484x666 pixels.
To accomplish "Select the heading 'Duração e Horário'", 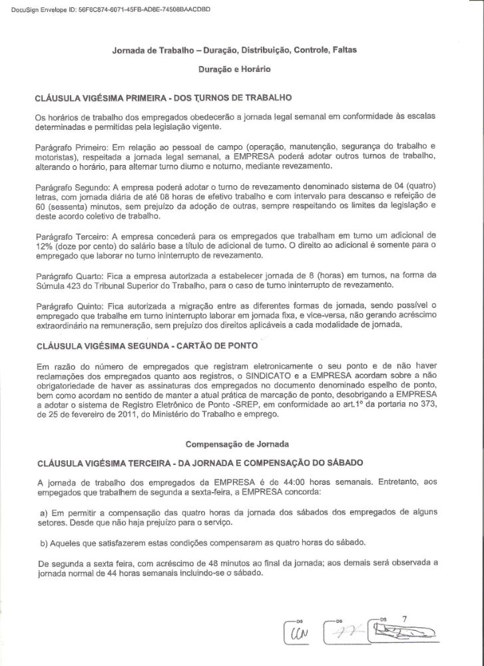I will click(233, 68).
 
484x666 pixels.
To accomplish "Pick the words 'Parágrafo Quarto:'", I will click(63, 275).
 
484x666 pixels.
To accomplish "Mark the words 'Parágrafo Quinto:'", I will click(63, 304).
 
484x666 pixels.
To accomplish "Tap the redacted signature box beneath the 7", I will click(406, 630).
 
